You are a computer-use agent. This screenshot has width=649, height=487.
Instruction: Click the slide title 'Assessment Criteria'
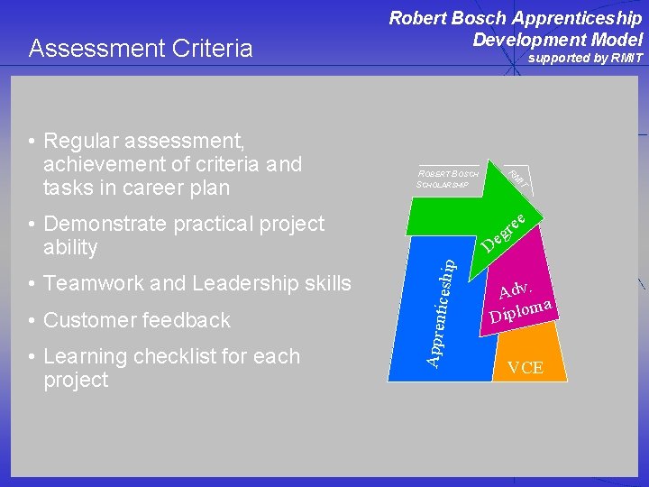pos(141,49)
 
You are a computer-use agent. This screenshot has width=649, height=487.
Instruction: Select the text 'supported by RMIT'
pos(585,59)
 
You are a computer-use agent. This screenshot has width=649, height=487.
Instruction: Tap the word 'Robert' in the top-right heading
pos(419,18)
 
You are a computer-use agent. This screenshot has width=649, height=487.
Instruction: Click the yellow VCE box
pos(525,367)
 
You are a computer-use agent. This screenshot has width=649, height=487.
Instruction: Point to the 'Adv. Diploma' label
pos(520,302)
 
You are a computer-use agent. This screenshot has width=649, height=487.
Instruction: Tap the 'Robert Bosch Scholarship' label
pos(448,179)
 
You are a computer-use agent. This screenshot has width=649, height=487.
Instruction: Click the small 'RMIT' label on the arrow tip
pos(517,178)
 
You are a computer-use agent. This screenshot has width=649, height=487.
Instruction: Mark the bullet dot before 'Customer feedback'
pos(32,320)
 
